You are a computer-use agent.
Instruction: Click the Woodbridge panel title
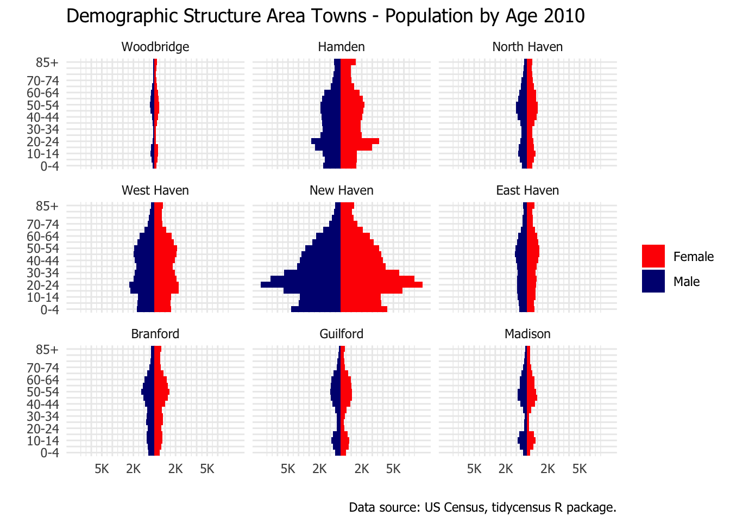tap(155, 47)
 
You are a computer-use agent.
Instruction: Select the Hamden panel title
tap(341, 47)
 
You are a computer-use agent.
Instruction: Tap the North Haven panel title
tap(527, 47)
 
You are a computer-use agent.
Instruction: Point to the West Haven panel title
tap(155, 190)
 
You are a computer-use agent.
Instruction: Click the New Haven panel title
tap(341, 190)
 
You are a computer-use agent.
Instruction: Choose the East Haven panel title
tap(527, 190)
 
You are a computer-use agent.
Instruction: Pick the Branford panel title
tap(155, 334)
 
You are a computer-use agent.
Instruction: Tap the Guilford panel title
tap(341, 334)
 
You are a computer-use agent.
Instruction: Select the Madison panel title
tap(527, 334)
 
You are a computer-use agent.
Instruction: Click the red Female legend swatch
tap(653, 256)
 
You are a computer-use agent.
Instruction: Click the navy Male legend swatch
tap(653, 281)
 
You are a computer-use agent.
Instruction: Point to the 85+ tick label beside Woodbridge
tap(47, 63)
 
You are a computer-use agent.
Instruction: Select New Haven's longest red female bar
tap(381, 284)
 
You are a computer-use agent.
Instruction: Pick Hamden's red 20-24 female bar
tap(360, 141)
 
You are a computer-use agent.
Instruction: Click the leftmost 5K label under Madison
tap(474, 469)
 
